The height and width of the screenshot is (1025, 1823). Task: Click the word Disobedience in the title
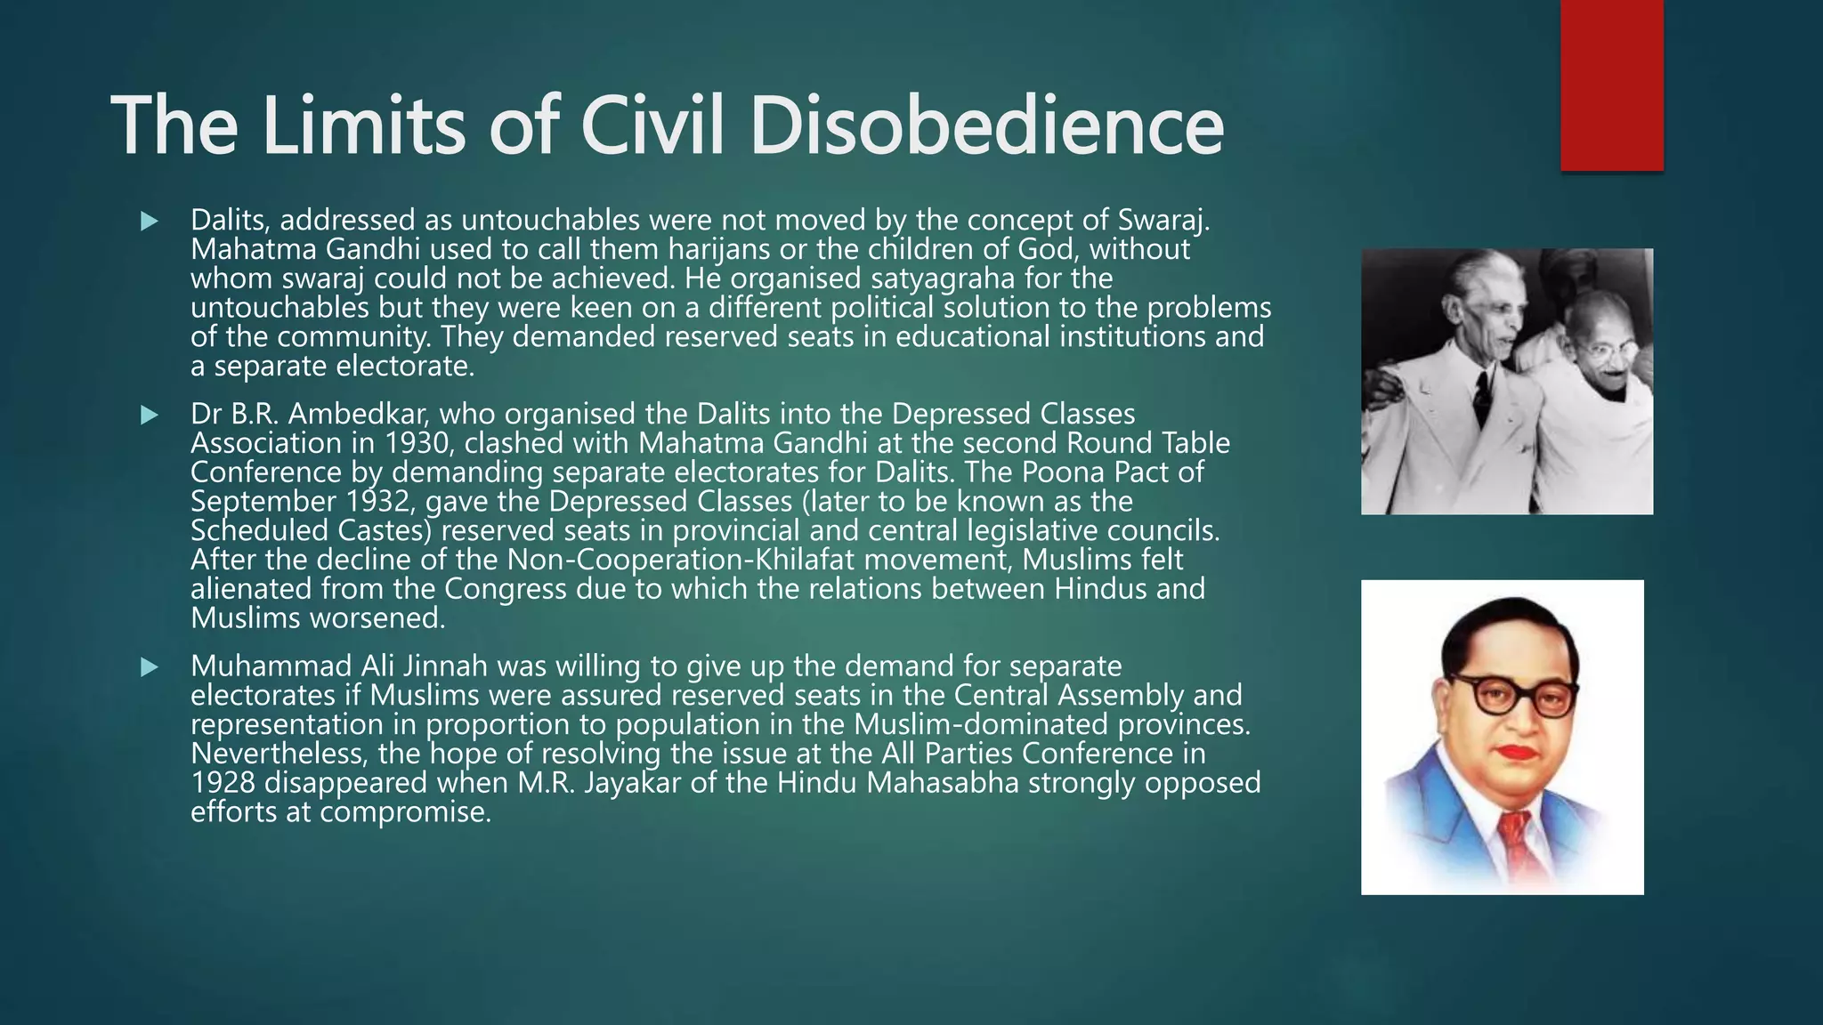tap(986, 125)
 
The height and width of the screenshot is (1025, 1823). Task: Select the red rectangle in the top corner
tap(1611, 85)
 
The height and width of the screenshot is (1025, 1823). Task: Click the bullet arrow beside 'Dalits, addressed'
tap(149, 221)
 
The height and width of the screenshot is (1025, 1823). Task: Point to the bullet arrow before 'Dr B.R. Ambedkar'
tap(149, 415)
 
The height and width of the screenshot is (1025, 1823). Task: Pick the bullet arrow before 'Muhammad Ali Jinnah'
tap(149, 666)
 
